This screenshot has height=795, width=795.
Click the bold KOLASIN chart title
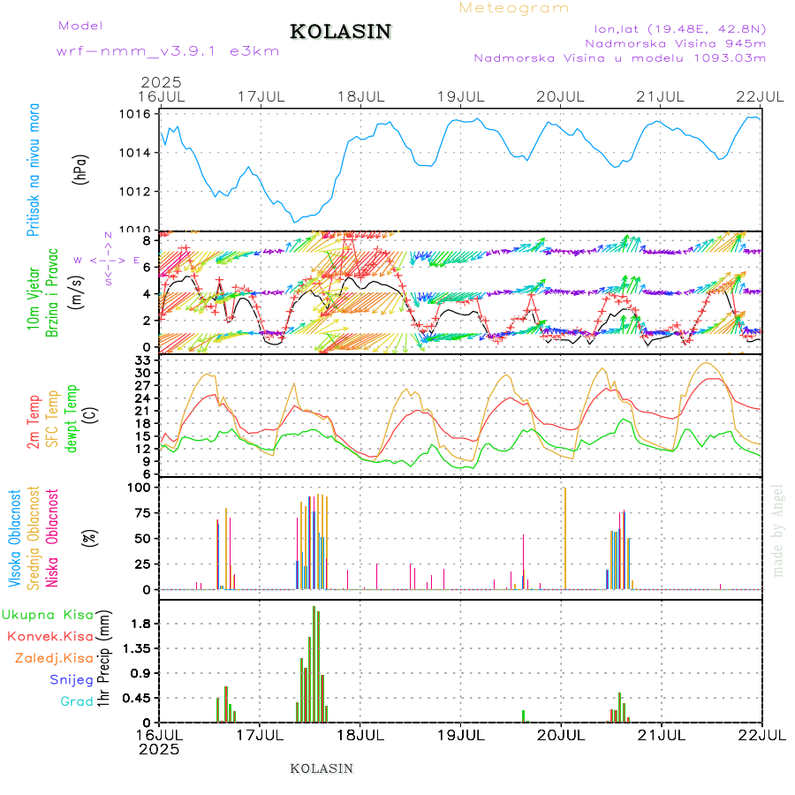pyautogui.click(x=340, y=32)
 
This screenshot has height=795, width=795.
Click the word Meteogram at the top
pyautogui.click(x=515, y=8)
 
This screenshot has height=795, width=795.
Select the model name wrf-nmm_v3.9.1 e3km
pyautogui.click(x=168, y=51)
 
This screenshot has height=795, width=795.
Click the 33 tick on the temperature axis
pyautogui.click(x=143, y=360)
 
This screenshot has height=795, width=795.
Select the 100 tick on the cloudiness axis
pyautogui.click(x=140, y=487)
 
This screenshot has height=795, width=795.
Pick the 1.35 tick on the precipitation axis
pyautogui.click(x=138, y=648)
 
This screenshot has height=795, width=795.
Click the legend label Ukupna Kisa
pyautogui.click(x=47, y=615)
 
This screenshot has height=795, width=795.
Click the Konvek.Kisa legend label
pyautogui.click(x=49, y=636)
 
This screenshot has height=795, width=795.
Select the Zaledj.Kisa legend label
pyautogui.click(x=54, y=658)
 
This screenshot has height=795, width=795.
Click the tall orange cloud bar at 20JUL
pyautogui.click(x=564, y=539)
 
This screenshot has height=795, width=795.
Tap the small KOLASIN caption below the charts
pyautogui.click(x=322, y=768)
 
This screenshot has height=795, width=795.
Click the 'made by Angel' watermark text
pyautogui.click(x=777, y=530)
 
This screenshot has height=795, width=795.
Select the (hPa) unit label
pyautogui.click(x=81, y=169)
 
